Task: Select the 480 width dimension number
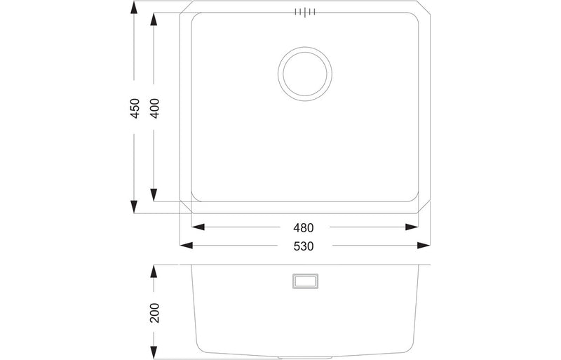coord(303,228)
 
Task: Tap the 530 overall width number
coord(303,246)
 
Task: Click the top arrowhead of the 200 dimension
coord(154,272)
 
